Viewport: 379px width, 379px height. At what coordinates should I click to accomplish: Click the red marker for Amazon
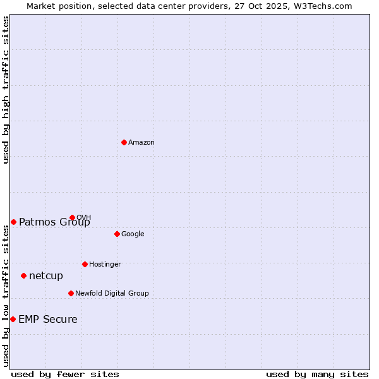[124, 142]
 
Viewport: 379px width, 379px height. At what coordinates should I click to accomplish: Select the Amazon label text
[141, 143]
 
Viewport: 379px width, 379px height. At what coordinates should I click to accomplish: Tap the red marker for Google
[117, 234]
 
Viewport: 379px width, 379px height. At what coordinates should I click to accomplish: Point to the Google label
[133, 234]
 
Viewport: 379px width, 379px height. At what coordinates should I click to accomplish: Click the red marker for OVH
[72, 217]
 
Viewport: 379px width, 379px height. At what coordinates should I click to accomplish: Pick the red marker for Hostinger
[85, 264]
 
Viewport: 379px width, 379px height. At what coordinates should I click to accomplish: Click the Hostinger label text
[105, 264]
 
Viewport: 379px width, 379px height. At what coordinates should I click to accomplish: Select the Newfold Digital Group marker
[71, 293]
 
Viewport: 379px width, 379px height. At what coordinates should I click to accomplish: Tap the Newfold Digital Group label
[112, 293]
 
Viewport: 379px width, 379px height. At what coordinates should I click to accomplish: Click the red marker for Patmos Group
[13, 222]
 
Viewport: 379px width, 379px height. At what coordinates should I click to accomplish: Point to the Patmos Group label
[54, 222]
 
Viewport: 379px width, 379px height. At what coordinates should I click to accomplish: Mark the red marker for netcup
[23, 275]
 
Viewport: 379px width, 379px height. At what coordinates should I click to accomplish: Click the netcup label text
[46, 276]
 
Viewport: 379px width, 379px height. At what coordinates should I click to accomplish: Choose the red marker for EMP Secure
[13, 319]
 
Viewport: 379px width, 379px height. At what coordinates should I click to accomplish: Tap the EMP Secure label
[48, 320]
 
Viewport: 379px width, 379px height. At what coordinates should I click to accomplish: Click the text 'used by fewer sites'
[65, 374]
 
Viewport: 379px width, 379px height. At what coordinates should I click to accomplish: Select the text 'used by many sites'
[317, 374]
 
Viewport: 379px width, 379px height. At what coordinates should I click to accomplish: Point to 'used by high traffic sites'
[6, 90]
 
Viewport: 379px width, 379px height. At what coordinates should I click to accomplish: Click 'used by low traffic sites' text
[6, 296]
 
